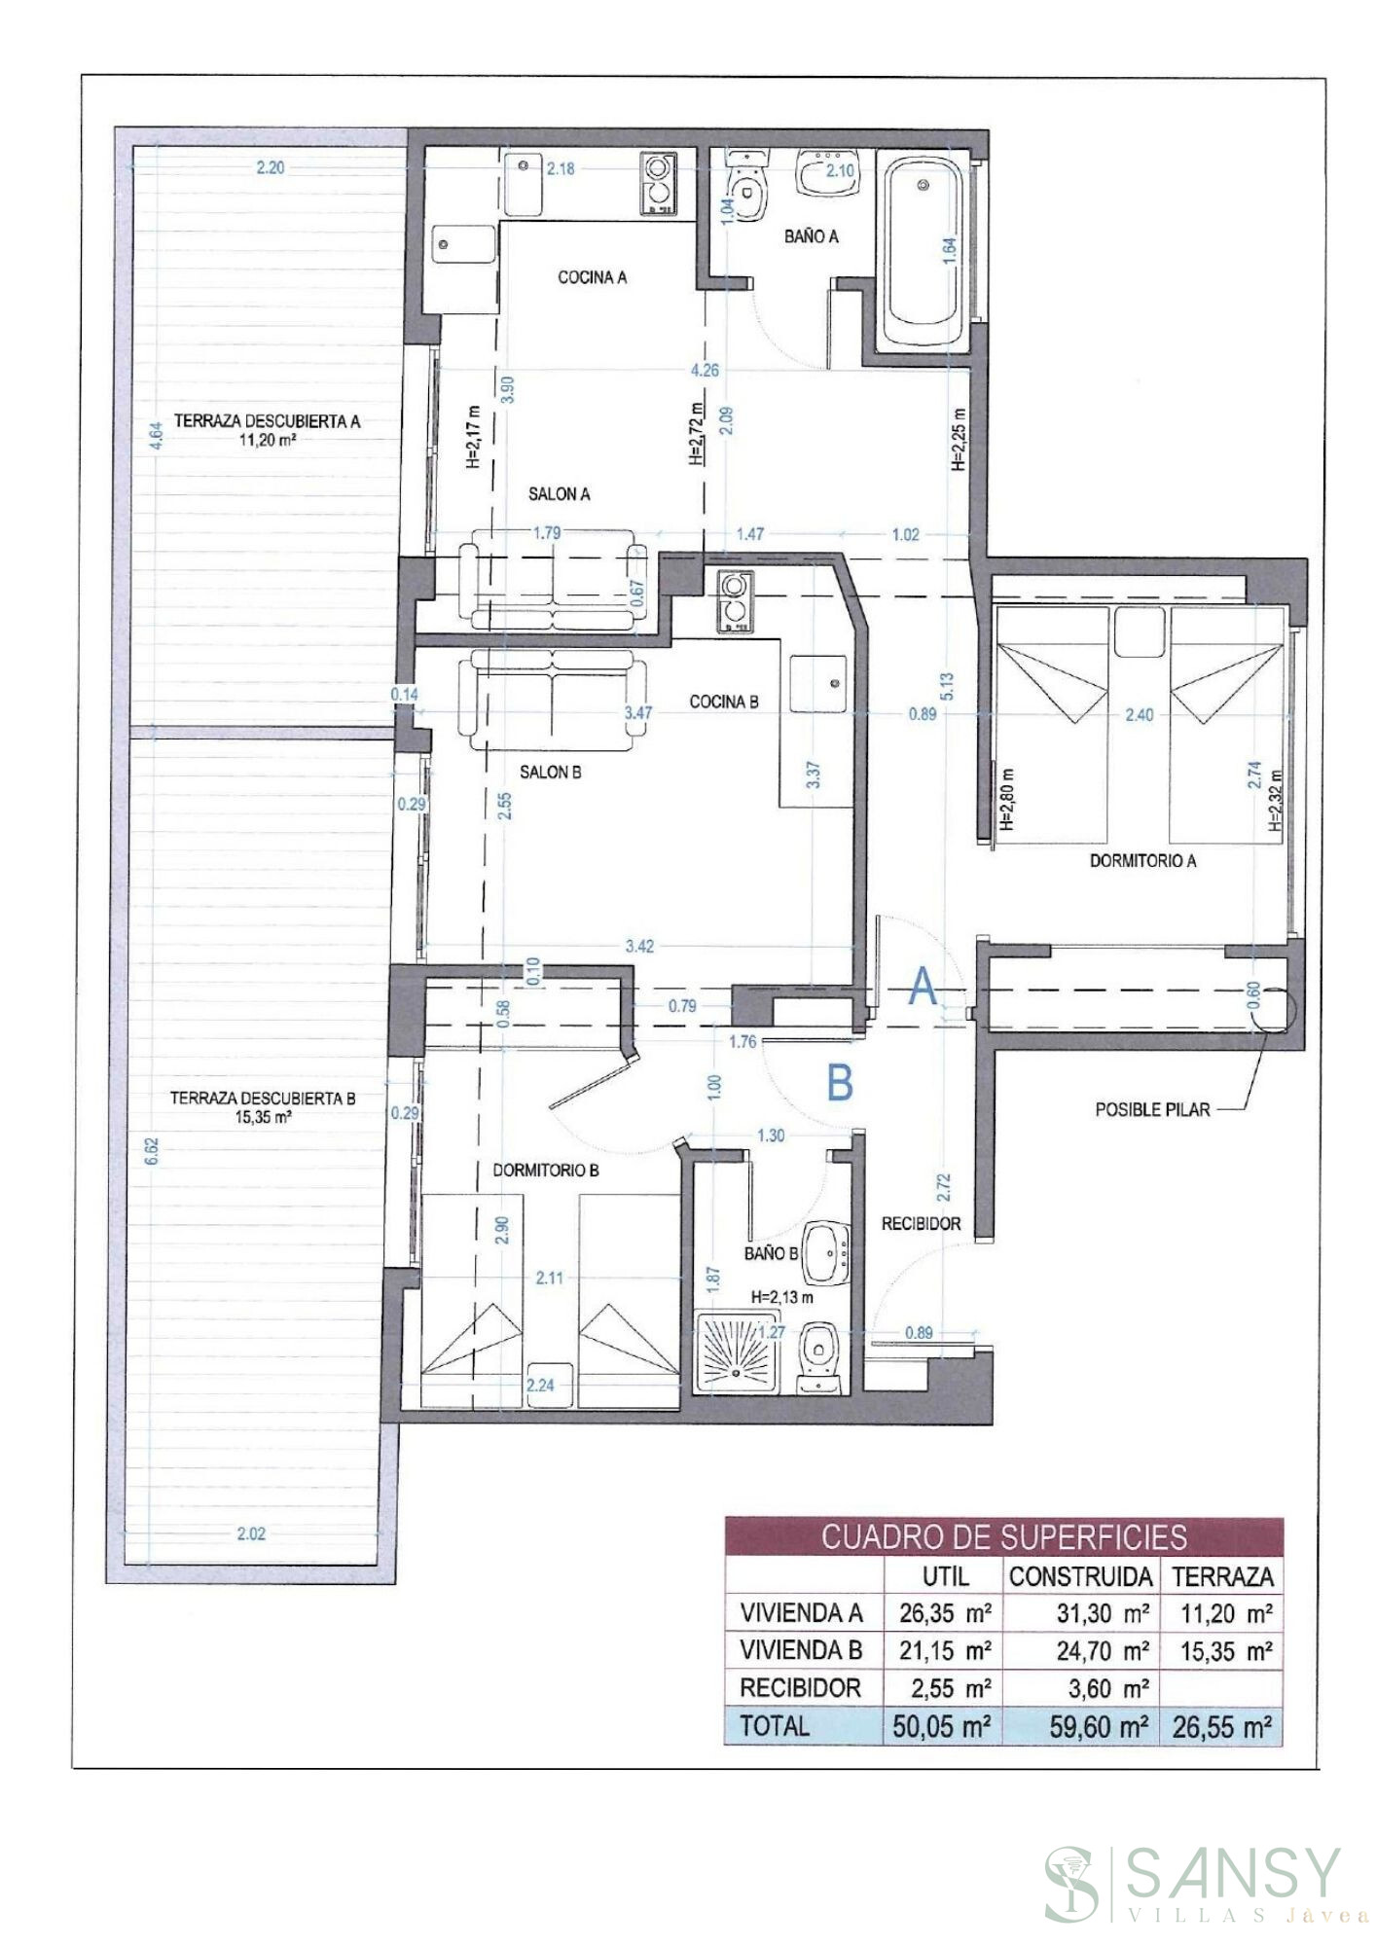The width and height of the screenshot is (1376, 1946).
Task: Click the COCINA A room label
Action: point(592,277)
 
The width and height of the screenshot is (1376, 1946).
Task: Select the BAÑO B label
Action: point(771,1254)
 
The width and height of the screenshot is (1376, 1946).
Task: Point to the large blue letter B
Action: point(840,1082)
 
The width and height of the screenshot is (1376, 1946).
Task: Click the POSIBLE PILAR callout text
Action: point(1152,1109)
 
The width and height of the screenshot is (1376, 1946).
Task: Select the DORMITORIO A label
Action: point(1142,861)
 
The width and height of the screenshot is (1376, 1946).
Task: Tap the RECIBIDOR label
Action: point(921,1224)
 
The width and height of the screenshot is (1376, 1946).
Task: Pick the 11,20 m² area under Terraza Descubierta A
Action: point(267,439)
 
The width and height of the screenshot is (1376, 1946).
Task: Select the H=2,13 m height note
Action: point(782,1296)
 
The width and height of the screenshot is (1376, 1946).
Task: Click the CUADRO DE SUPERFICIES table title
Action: point(1003,1537)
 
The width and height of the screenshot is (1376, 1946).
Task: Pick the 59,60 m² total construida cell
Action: point(1100,1727)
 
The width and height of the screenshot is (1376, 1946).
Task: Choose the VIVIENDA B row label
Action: point(801,1650)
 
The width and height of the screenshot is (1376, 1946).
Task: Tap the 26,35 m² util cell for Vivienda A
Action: point(944,1613)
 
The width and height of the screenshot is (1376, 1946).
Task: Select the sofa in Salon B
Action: point(552,701)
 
